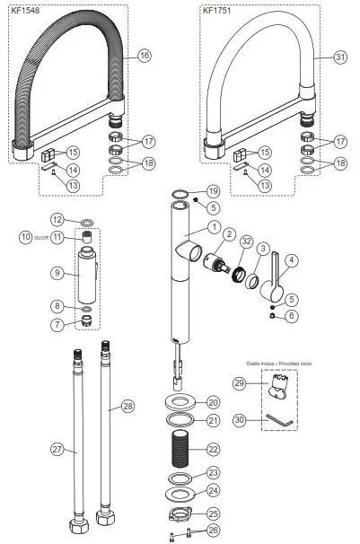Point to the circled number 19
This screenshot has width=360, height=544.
pyautogui.click(x=212, y=191)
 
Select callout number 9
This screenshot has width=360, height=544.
pyautogui.click(x=57, y=272)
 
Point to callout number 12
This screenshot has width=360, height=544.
pyautogui.click(x=57, y=220)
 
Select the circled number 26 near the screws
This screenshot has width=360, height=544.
pyautogui.click(x=212, y=530)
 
